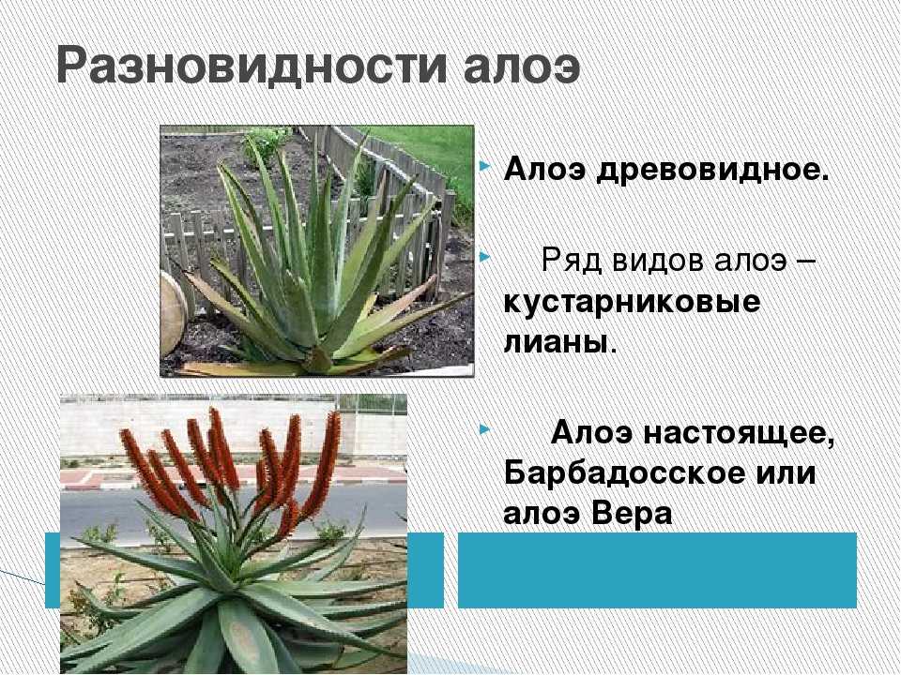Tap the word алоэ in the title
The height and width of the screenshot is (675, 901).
pos(521,68)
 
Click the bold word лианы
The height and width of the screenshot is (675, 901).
pos(556,343)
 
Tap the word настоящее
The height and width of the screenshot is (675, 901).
pos(739,433)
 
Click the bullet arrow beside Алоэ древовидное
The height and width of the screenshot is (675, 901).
pos(484,167)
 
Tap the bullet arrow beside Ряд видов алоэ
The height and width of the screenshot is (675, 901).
pos(484,256)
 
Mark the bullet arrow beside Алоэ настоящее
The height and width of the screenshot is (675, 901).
pos(484,428)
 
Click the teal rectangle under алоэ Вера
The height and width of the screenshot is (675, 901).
pos(657,570)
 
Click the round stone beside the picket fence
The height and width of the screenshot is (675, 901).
pos(173,313)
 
